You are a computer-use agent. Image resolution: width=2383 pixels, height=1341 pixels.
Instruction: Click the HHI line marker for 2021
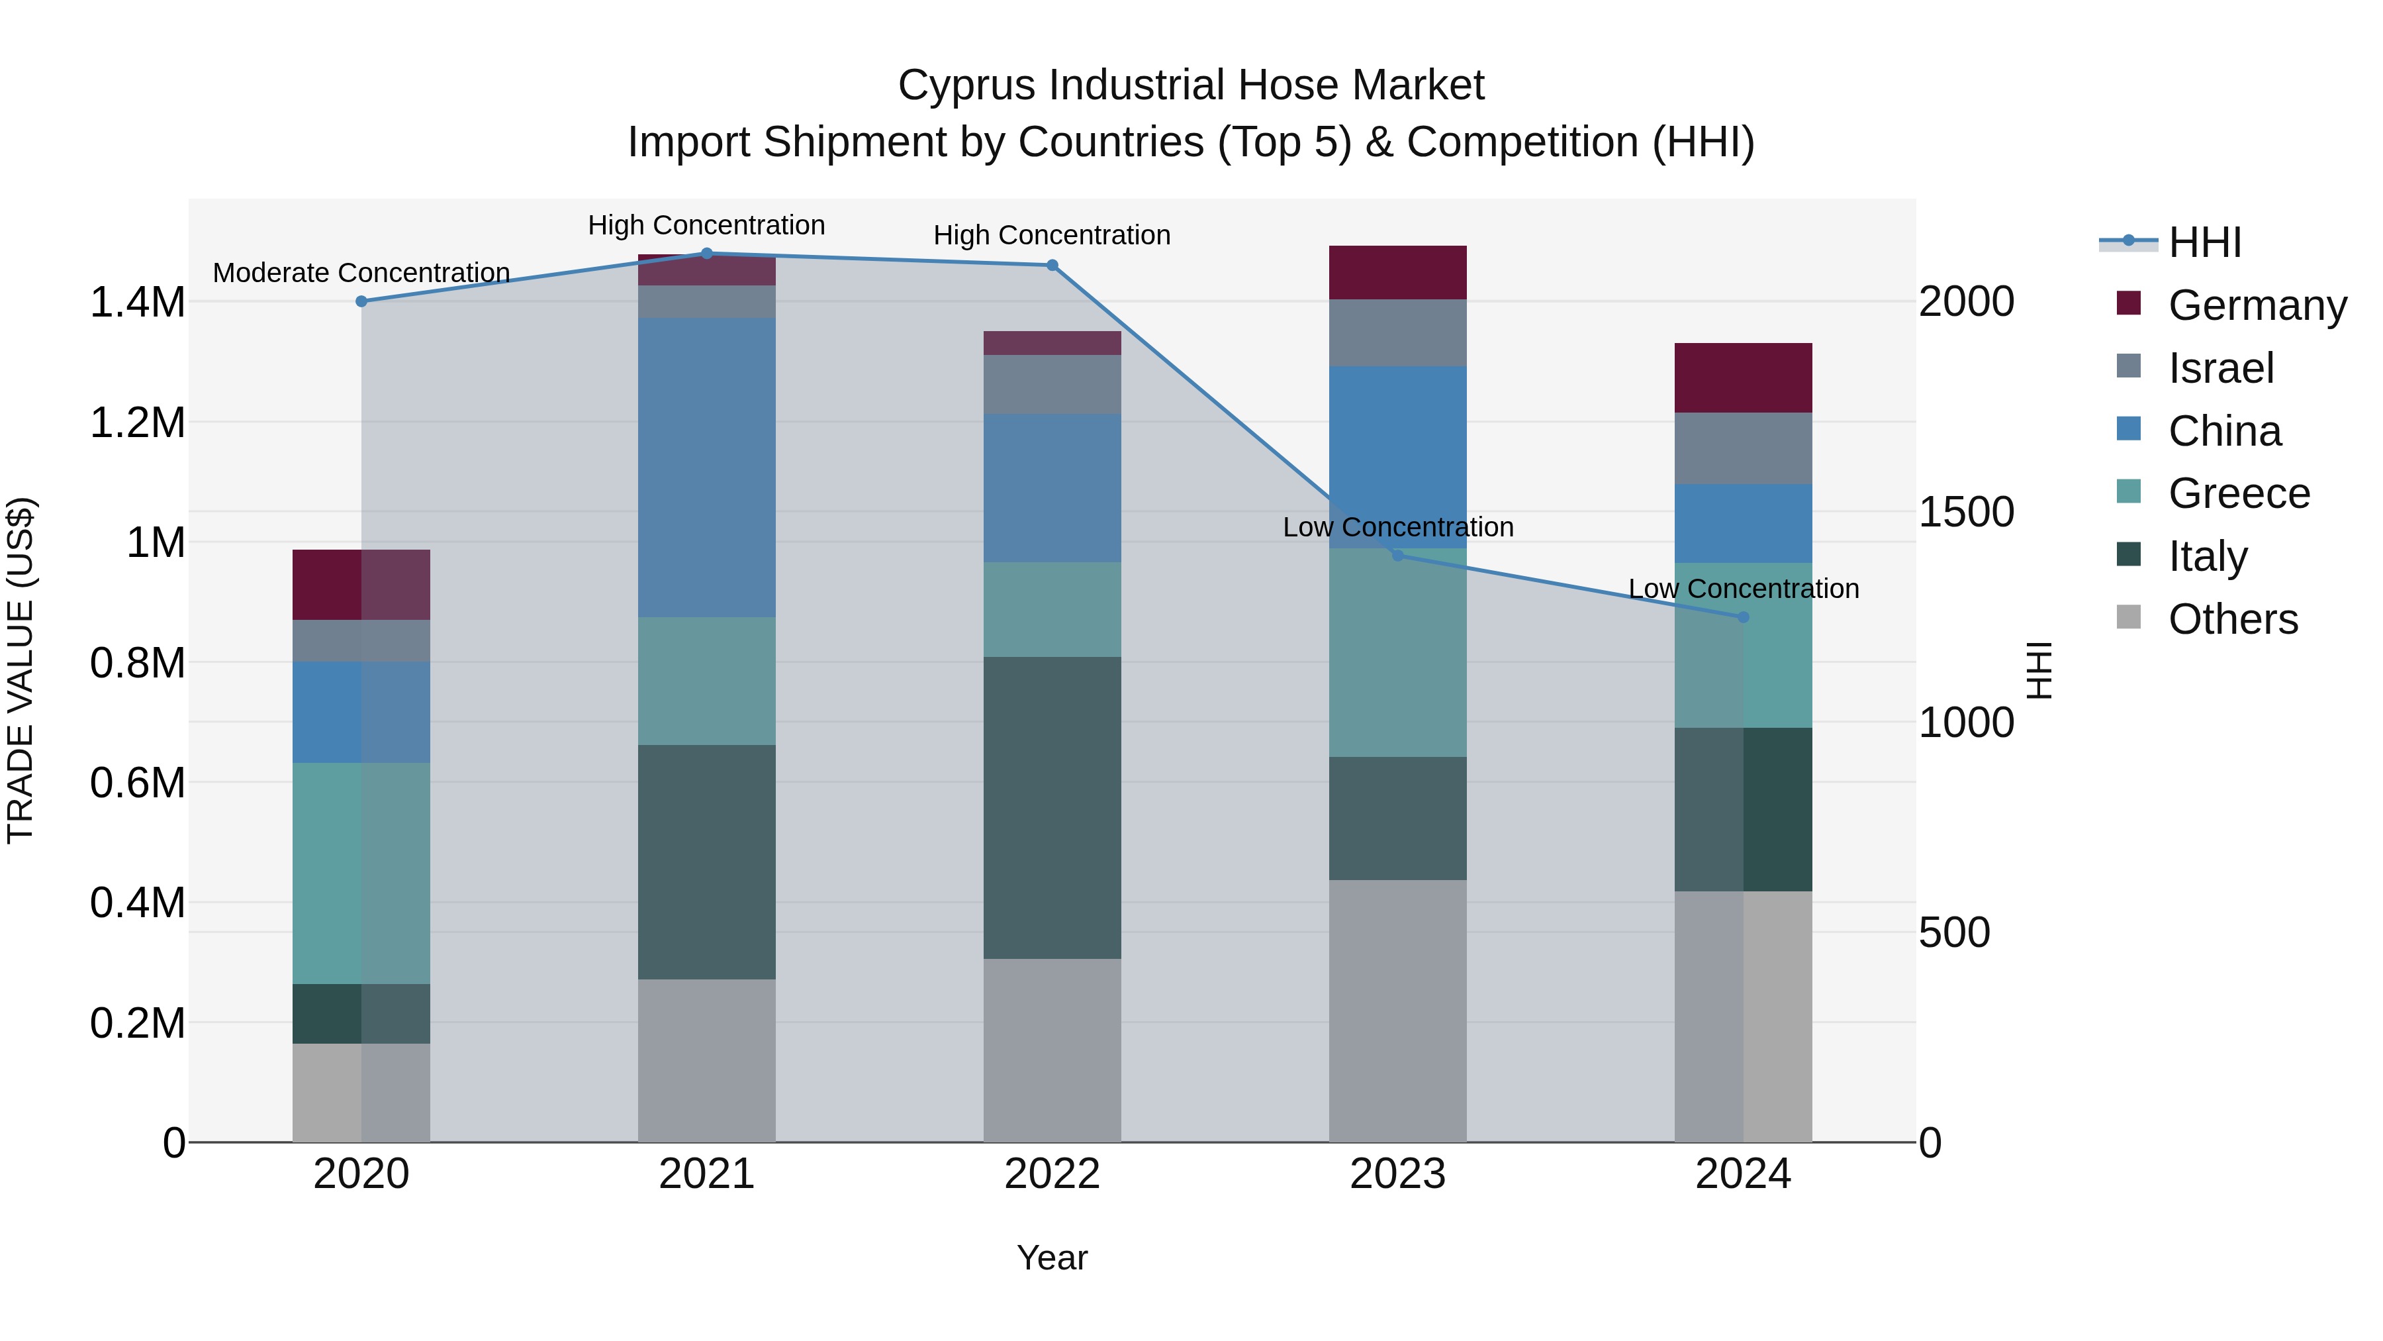(x=707, y=254)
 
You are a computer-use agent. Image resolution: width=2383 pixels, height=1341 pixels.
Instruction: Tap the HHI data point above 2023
(x=1398, y=556)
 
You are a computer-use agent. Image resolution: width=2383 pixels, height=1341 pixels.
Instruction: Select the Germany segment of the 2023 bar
(x=1398, y=272)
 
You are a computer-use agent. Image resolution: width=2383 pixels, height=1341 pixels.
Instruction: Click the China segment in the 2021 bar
(x=707, y=468)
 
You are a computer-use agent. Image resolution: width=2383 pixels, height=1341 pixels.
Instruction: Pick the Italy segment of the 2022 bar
(x=1052, y=807)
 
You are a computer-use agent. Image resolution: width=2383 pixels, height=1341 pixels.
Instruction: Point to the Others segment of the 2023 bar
(x=1398, y=1010)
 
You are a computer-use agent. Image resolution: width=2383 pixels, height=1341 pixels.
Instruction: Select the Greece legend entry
(x=2239, y=493)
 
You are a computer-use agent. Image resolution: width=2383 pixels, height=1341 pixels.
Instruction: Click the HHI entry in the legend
(x=2204, y=242)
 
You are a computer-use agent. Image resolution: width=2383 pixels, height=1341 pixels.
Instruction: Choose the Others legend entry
(x=2232, y=619)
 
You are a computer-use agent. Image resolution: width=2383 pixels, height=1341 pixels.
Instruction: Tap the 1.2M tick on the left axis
(x=137, y=423)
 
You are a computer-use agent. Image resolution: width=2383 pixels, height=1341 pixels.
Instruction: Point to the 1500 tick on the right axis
(x=1966, y=512)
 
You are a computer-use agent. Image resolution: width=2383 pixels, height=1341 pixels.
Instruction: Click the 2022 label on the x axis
(x=1052, y=1173)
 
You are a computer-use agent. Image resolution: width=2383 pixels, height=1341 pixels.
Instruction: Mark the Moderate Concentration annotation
(x=361, y=273)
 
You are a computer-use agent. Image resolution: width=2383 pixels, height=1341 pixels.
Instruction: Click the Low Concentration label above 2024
(x=1743, y=589)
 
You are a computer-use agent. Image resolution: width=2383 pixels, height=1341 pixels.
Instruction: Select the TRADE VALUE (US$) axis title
(x=21, y=670)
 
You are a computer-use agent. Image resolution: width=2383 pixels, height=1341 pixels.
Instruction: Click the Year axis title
(x=1052, y=1258)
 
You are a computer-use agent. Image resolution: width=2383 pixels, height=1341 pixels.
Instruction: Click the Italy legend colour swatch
(x=2129, y=554)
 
